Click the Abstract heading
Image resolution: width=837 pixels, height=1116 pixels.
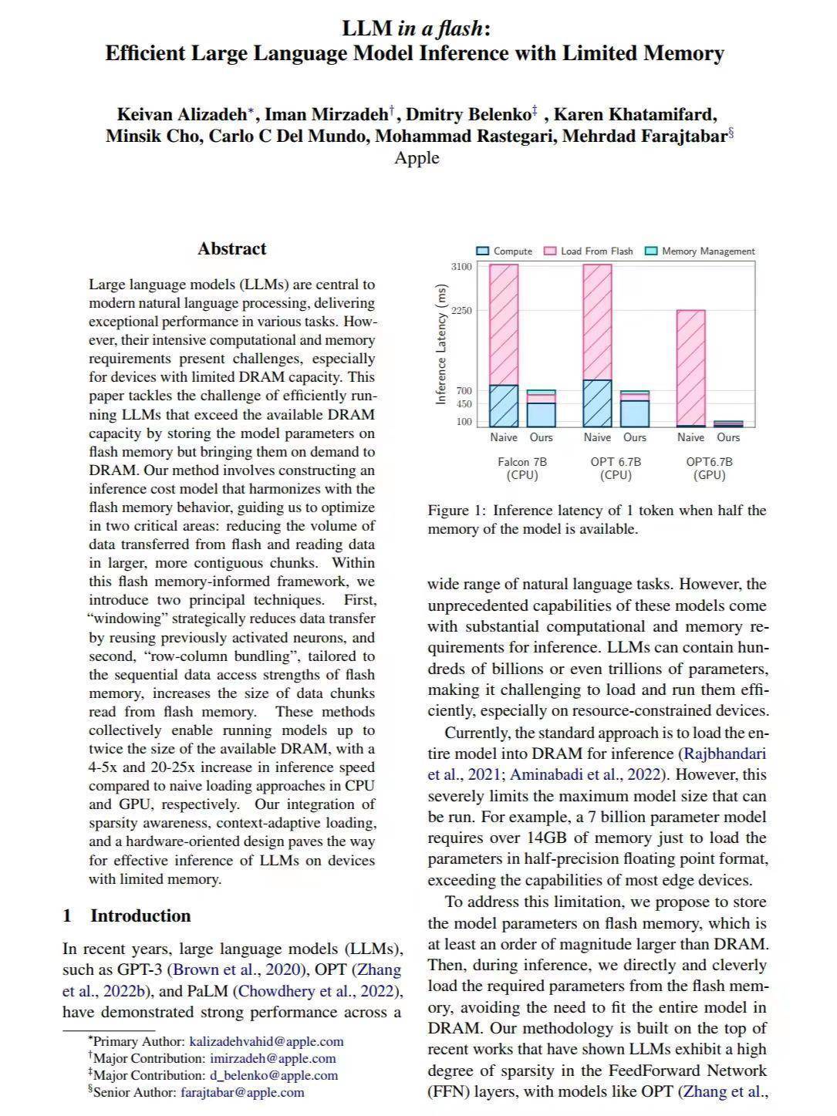(x=231, y=248)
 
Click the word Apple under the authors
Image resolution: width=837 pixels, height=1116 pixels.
(x=417, y=158)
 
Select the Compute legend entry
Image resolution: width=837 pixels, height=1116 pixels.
(x=505, y=251)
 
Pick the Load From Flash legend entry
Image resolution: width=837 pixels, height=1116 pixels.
(x=589, y=251)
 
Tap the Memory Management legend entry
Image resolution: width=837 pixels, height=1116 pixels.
(x=700, y=251)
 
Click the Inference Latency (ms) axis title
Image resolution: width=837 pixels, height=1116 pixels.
(x=441, y=344)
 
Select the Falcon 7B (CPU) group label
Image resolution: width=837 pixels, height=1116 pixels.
(x=522, y=468)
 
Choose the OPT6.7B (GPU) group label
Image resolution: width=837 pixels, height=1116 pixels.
(x=709, y=468)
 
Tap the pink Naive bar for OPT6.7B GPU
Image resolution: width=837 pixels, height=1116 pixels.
(x=690, y=366)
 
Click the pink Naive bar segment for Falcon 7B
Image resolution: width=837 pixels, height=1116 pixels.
(x=504, y=324)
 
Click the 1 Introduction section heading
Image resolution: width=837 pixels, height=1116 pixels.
(x=127, y=915)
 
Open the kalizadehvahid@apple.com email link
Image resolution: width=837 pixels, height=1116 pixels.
(x=266, y=1041)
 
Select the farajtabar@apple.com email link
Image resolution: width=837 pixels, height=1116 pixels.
(x=242, y=1092)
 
